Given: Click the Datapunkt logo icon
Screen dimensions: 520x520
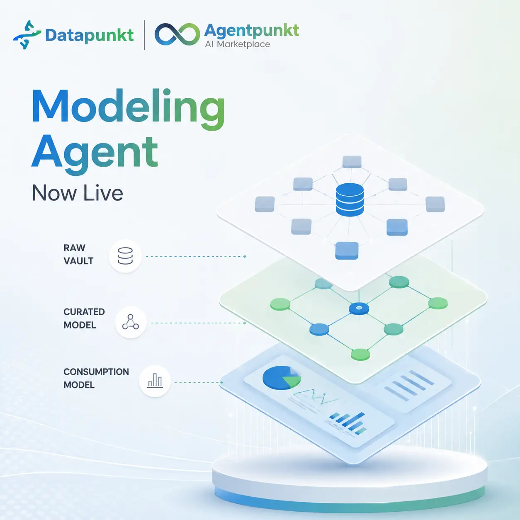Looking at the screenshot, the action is click(27, 35).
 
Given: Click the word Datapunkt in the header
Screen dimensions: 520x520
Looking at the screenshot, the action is click(89, 36).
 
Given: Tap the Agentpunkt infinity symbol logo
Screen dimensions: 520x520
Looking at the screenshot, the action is click(177, 34).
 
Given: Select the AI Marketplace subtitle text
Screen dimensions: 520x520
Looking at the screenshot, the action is click(238, 44).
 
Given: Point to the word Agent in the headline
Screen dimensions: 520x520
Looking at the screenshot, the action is click(95, 154).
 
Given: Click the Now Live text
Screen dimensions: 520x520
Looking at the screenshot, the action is click(78, 193).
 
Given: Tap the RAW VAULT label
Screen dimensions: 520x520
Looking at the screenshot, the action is click(78, 254).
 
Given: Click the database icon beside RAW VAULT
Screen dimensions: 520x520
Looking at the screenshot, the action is click(125, 256).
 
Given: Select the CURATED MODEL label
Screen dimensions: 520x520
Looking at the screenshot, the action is click(84, 318).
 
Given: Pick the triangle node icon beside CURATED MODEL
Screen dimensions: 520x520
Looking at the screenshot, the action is click(131, 322).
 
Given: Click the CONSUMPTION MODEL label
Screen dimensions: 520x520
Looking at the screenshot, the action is click(96, 378).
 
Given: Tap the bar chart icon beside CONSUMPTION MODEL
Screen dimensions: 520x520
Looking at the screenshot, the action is click(155, 381).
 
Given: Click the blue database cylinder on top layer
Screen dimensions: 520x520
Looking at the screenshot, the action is click(350, 200).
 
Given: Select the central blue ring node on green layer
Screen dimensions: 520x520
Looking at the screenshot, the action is click(359, 308).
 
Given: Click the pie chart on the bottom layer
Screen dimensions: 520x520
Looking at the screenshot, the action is click(282, 377).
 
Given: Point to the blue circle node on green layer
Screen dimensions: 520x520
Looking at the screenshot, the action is click(319, 329).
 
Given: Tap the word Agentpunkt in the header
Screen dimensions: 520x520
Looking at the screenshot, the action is click(252, 31).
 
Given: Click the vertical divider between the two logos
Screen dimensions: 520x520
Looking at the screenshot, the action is click(144, 35).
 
